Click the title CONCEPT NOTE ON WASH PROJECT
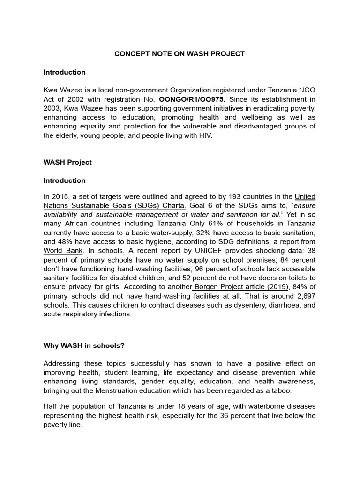tap(180, 54)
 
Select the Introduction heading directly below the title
tap(65, 72)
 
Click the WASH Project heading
tap(67, 162)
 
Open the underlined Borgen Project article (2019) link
tap(239, 287)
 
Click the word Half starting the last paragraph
tap(51, 406)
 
